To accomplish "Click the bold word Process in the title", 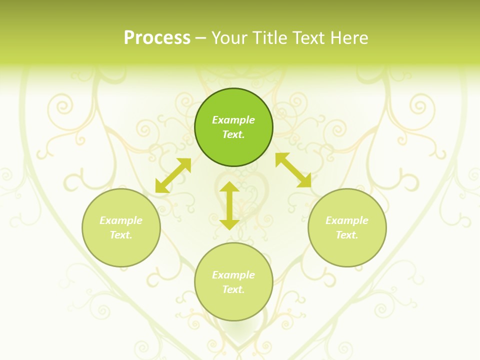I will point(157,38).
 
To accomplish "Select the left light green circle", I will point(121,250).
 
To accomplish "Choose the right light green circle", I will point(347,250).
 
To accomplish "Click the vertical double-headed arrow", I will point(229,206).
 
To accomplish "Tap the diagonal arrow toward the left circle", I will point(173,175).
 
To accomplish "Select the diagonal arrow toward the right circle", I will point(293,170).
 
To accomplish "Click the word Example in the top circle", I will point(233,120).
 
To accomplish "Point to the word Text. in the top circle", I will point(233,134).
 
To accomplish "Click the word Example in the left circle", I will point(121,220).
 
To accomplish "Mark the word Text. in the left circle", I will point(121,235).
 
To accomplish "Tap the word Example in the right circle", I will point(347,220).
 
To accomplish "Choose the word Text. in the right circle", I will point(347,235).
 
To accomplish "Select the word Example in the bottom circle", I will point(233,275).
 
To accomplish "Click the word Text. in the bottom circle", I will point(233,289).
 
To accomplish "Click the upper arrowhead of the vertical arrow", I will point(229,187).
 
